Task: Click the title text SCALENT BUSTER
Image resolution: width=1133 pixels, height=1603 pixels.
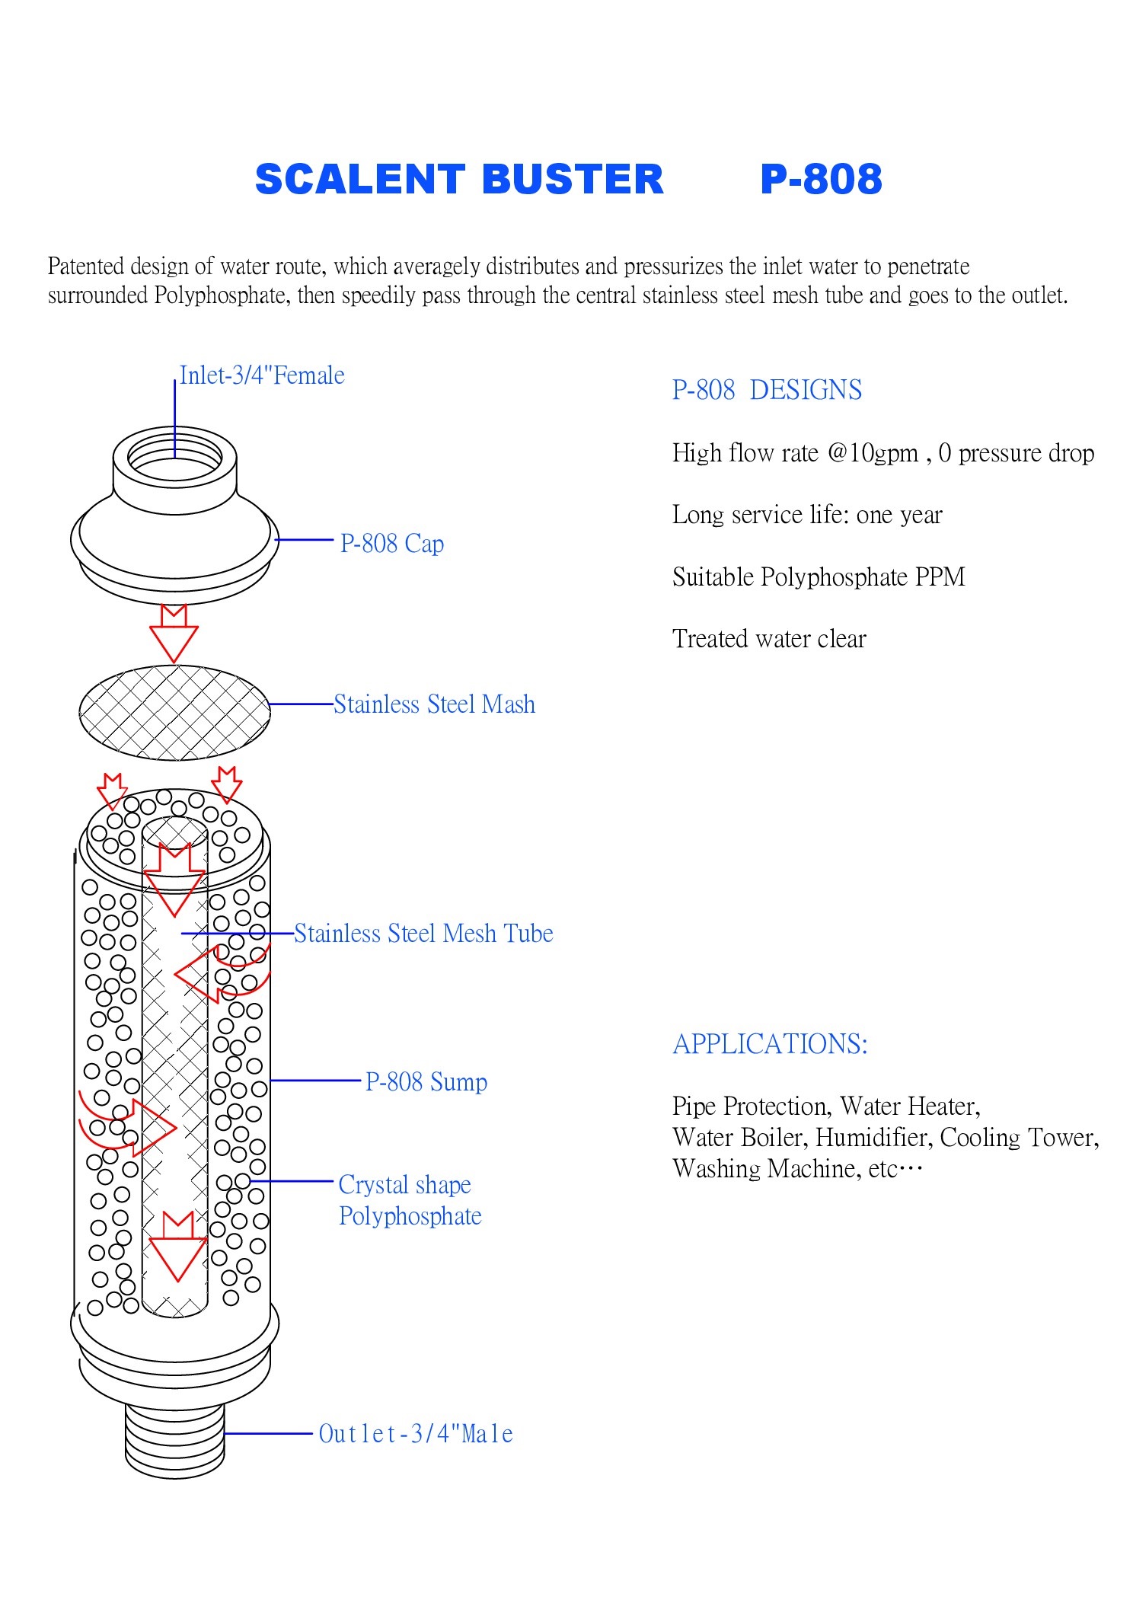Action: pos(458,180)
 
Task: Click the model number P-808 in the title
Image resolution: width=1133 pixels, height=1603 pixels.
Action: pos(821,180)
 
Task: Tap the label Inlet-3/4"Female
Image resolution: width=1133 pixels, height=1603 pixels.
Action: pos(261,375)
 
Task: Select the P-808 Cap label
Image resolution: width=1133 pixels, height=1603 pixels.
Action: pos(391,544)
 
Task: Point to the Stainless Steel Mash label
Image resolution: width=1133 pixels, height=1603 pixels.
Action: pos(434,704)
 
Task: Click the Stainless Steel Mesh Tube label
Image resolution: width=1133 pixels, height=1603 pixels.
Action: pos(423,934)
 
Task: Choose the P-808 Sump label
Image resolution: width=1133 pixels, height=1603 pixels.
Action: pos(426,1081)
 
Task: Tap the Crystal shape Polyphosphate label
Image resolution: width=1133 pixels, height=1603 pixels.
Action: pos(409,1200)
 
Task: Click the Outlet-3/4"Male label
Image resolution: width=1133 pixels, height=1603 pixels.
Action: pos(415,1434)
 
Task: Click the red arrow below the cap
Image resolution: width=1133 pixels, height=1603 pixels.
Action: pos(174,634)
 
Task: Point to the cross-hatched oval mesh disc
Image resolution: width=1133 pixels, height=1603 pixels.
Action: pos(174,713)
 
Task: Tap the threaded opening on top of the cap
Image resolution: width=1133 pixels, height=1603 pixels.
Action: pos(174,457)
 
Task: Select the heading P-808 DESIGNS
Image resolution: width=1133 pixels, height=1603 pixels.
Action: pos(766,390)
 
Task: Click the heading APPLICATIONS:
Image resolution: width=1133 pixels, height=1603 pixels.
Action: pos(770,1044)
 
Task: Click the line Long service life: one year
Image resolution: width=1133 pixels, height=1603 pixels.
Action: pos(806,516)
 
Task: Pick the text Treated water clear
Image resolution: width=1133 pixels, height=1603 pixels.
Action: pos(768,639)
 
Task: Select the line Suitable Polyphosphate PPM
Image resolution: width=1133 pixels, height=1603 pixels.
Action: pos(818,577)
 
